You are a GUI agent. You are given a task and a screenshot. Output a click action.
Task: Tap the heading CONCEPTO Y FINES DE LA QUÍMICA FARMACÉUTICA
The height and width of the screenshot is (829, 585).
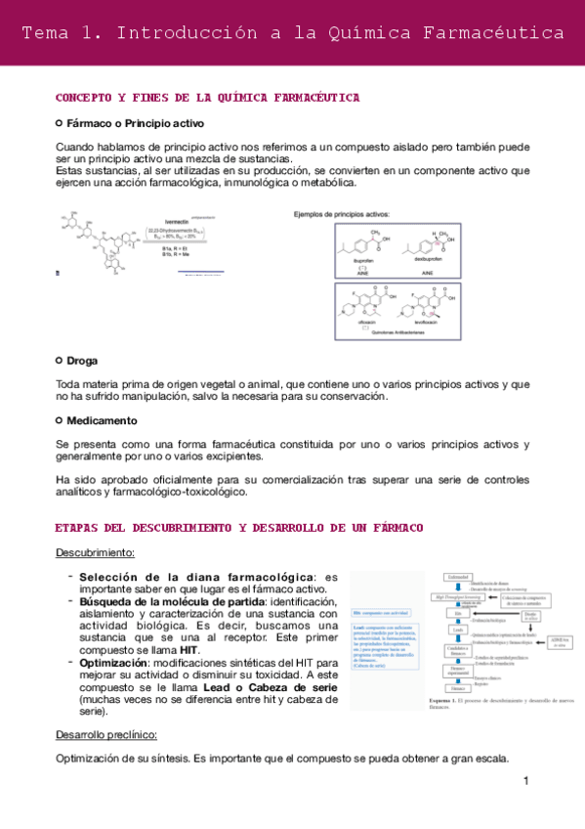207,98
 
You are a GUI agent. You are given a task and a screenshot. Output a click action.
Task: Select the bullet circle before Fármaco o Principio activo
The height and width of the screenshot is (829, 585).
60,124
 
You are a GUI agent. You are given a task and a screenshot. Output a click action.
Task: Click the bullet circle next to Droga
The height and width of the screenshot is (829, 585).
60,360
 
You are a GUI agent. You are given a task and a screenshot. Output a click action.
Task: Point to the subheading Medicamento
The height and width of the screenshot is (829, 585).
102,420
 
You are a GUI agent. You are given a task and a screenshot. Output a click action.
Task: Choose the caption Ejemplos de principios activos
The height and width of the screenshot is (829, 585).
342,213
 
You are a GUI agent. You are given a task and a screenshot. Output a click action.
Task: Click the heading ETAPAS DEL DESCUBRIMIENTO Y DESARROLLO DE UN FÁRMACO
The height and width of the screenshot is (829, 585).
239,528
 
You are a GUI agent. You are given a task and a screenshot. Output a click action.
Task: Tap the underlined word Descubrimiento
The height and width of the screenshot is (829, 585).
95,553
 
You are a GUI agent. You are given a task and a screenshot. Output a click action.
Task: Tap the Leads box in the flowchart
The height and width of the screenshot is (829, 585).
457,631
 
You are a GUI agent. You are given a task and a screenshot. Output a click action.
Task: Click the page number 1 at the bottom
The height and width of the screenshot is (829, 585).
525,781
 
